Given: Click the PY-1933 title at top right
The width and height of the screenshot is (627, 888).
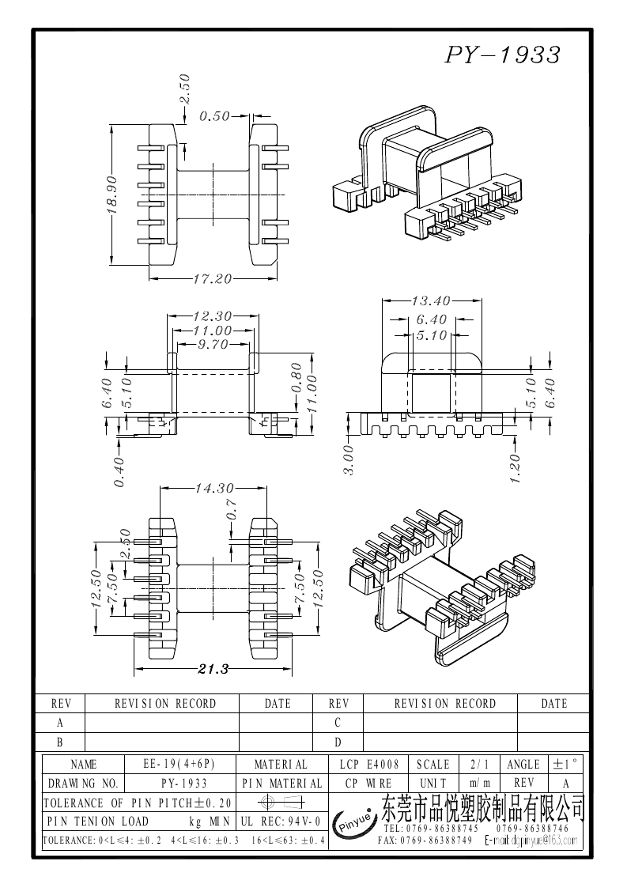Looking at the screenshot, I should [x=503, y=54].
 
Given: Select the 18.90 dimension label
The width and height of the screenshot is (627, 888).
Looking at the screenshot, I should [x=111, y=195].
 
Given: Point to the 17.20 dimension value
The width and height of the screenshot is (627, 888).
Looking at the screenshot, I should [x=212, y=278].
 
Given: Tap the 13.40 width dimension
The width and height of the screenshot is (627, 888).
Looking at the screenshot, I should [x=431, y=300].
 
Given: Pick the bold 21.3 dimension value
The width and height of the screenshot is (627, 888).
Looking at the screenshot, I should [x=213, y=669].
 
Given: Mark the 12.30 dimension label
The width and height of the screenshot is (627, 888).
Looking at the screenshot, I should [x=212, y=316].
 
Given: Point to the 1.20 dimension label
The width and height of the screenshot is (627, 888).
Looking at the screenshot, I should [x=515, y=468].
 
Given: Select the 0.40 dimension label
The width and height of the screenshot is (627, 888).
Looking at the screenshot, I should [x=119, y=472].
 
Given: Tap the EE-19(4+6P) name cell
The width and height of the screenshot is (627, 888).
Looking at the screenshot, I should [x=179, y=765].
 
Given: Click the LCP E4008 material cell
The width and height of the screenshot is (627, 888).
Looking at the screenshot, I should [x=369, y=765].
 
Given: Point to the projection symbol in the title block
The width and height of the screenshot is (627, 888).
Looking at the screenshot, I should [x=281, y=803].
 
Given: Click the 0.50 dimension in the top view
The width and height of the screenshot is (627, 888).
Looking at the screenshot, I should [x=213, y=116].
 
